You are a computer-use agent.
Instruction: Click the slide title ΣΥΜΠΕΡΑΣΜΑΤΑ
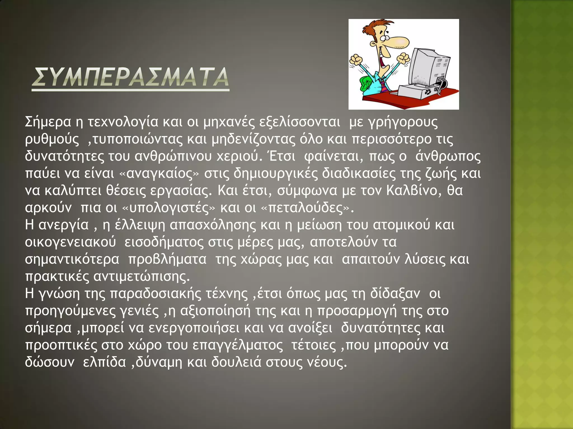click(130, 77)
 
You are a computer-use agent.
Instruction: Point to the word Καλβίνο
click(412, 190)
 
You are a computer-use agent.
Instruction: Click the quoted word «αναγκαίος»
click(159, 173)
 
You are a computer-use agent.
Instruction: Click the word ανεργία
click(63, 225)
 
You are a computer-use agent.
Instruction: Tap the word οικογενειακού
click(70, 242)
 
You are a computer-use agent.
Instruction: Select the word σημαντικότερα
click(72, 259)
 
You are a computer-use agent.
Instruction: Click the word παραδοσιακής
click(156, 294)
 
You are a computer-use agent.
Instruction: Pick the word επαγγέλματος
click(238, 345)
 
